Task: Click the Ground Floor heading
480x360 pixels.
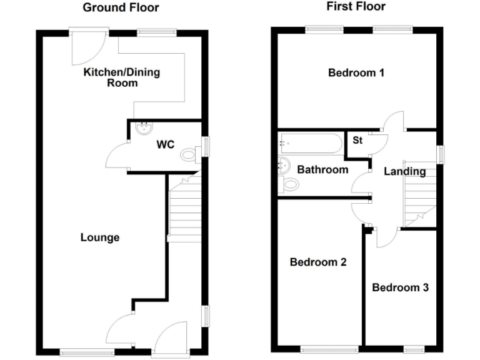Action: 121,7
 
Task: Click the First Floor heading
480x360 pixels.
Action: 356,7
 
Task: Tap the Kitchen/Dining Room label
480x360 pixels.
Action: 122,77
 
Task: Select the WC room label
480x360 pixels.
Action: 165,145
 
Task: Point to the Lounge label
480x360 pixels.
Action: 100,237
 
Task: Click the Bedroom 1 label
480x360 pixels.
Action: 356,73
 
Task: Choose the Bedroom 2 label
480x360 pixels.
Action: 318,262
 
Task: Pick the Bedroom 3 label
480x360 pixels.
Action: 400,287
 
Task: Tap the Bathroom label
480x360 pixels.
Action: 322,169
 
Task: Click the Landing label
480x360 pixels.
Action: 404,171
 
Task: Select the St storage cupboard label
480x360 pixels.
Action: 357,141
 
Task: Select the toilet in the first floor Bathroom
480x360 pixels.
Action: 289,184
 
